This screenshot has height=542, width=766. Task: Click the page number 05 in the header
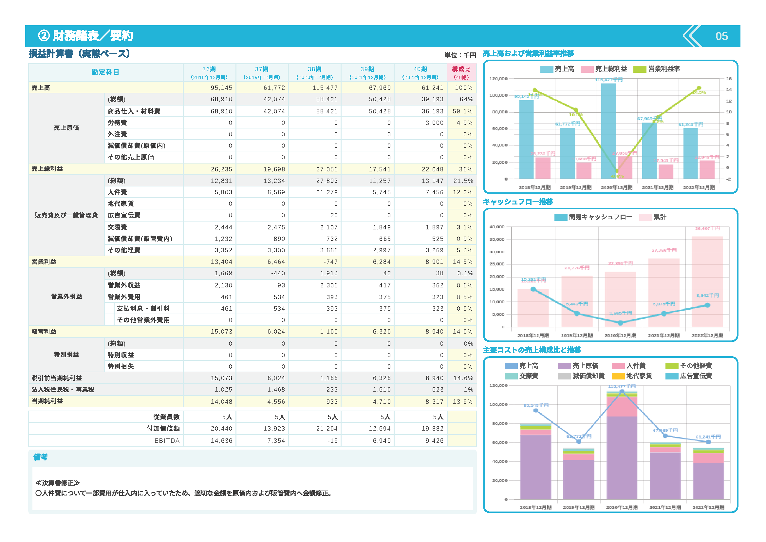click(721, 36)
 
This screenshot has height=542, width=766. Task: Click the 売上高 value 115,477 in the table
click(325, 88)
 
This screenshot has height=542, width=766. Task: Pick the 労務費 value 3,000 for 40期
click(434, 123)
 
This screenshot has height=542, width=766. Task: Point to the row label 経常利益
click(44, 331)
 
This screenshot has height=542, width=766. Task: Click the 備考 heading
click(40, 457)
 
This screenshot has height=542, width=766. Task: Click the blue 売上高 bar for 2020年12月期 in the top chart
click(608, 130)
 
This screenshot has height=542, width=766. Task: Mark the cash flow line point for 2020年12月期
click(620, 323)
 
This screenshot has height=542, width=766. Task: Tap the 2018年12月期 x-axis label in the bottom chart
click(535, 507)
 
